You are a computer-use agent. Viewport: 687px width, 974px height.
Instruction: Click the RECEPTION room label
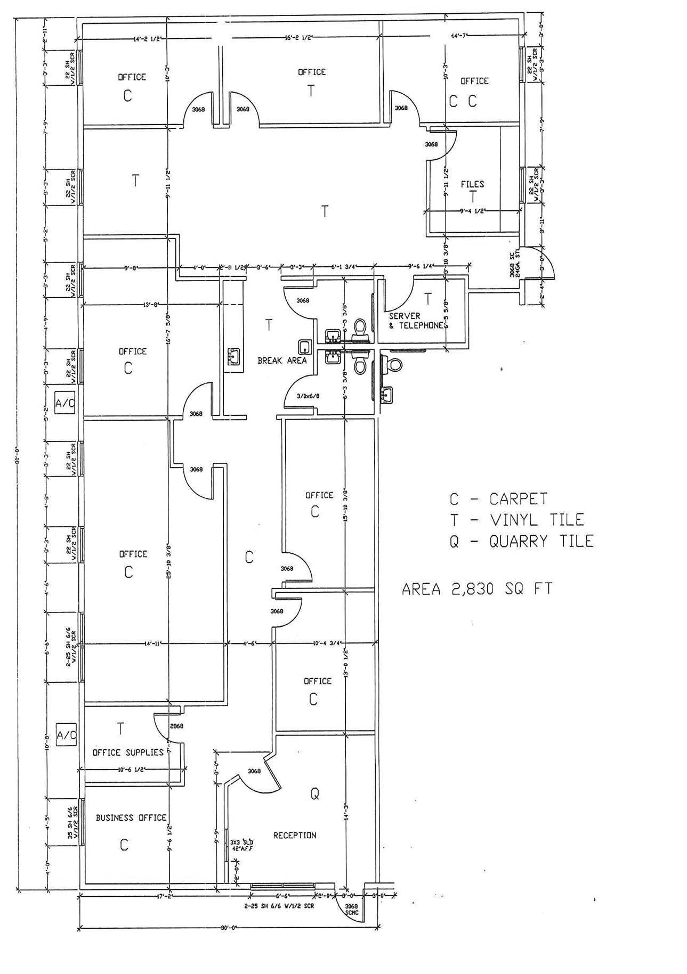coord(294,836)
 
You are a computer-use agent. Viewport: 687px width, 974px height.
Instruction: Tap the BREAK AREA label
coord(282,361)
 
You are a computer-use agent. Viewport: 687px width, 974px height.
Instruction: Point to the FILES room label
coord(472,184)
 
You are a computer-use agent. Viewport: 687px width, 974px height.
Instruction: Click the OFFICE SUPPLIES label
coord(128,752)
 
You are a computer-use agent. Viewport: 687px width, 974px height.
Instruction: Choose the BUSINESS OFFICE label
coord(131,817)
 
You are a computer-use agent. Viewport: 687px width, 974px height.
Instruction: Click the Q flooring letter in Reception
coord(314,794)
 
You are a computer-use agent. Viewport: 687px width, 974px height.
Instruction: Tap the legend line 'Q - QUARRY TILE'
coord(521,542)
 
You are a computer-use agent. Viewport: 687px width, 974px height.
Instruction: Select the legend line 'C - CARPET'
coord(498,499)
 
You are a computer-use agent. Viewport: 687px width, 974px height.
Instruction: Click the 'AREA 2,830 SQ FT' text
coord(476,589)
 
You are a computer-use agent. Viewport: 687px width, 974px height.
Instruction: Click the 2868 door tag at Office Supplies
coord(176,726)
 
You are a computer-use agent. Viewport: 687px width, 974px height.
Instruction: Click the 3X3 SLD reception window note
coord(241,845)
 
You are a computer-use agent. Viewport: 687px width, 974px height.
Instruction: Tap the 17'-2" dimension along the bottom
coord(163,897)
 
